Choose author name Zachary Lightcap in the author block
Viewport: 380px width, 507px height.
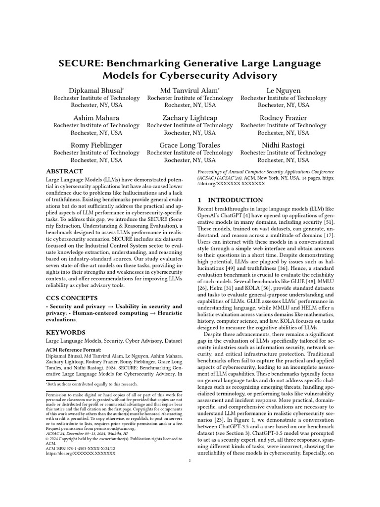pyautogui.click(x=190, y=118)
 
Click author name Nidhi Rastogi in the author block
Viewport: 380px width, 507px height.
pyautogui.click(x=284, y=145)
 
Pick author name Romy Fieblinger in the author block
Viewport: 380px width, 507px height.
pyautogui.click(x=96, y=145)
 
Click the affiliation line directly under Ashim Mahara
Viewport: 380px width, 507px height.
pyautogui.click(x=96, y=126)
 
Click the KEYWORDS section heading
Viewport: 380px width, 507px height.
pyautogui.click(x=66, y=332)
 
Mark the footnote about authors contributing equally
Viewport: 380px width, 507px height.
pyautogui.click(x=94, y=384)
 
